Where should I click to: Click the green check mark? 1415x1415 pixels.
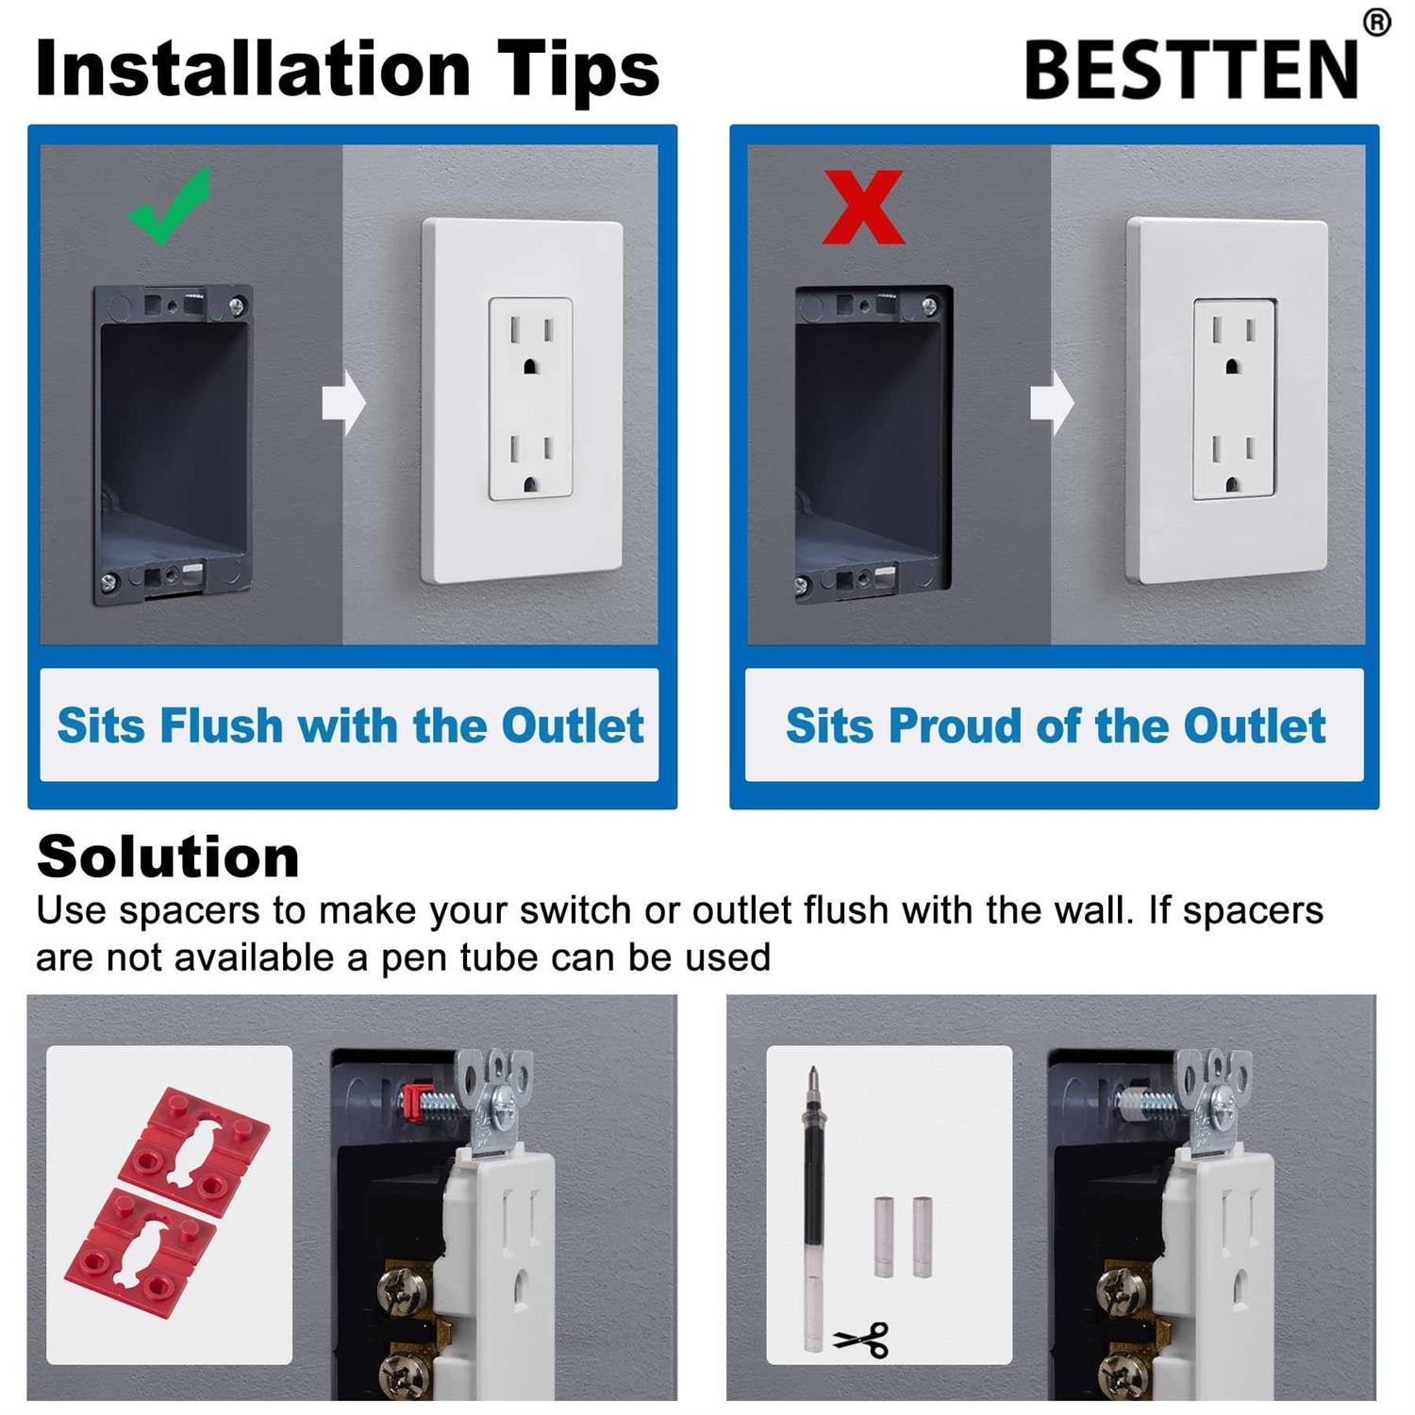[168, 208]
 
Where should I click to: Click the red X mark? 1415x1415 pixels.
[862, 207]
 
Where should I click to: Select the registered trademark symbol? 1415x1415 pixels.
[1376, 22]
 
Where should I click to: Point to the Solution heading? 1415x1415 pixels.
[168, 857]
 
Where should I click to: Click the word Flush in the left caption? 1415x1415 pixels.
[221, 725]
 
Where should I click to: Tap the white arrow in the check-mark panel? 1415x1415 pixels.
[343, 403]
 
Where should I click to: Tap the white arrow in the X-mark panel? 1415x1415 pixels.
[1051, 403]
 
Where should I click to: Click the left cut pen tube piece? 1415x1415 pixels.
[883, 1237]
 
